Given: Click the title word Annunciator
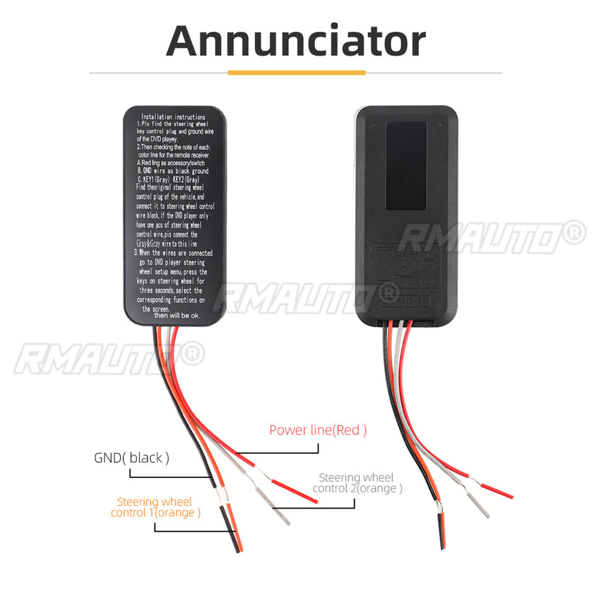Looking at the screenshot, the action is pos(296,40).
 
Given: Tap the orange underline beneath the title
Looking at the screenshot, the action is pos(296,73).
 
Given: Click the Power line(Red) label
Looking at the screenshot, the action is pos(318,430).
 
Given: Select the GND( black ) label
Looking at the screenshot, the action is pos(131,458).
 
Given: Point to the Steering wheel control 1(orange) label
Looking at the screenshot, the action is pos(156,507).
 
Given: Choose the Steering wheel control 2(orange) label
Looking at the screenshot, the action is pos(357,483).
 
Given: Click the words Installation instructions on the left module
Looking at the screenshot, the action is pos(173,117).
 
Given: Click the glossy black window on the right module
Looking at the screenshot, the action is pos(406,164).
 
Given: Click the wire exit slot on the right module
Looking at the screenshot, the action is pos(406,322).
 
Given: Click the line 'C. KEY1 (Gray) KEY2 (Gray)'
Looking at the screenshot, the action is pos(172,178).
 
